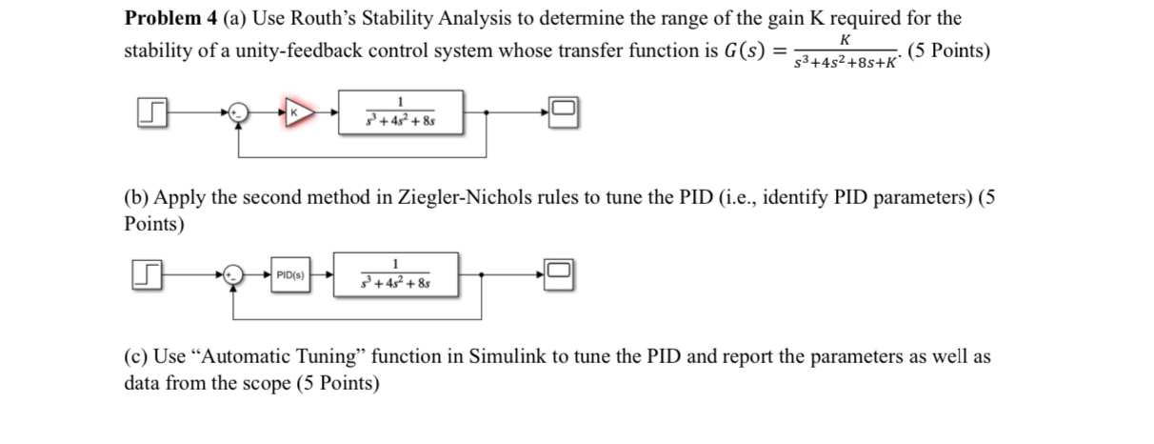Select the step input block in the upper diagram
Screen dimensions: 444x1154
click(153, 113)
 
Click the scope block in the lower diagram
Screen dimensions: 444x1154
click(560, 274)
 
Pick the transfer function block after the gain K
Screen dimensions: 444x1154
click(401, 113)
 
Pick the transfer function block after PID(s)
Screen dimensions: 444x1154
click(395, 274)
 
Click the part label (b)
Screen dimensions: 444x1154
click(138, 198)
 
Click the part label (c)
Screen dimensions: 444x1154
click(137, 357)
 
